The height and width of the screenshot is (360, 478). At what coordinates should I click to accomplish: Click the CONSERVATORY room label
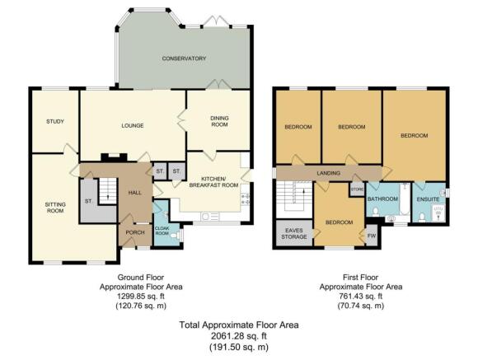pos(184,58)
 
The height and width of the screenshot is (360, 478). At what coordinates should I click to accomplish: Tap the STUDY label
pos(55,121)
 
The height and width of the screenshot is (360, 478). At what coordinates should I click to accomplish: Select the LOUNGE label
pos(133,125)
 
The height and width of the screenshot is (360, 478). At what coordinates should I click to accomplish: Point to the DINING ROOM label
pos(219,121)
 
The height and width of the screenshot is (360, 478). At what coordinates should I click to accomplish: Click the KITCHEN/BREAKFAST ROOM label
pos(213,182)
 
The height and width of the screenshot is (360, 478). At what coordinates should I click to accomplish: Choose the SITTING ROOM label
pos(55,208)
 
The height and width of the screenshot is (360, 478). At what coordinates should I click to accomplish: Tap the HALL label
pos(134,193)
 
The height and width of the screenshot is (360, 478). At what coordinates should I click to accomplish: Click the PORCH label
pos(135,232)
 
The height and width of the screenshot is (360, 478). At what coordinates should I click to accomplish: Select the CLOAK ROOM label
pos(162,231)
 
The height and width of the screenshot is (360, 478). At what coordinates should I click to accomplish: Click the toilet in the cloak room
pos(175,236)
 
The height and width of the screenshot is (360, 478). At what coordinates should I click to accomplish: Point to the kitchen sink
pos(209,217)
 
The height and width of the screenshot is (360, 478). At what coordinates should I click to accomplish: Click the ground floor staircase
pos(108,191)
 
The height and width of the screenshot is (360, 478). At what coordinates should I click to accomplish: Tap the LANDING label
pos(328,173)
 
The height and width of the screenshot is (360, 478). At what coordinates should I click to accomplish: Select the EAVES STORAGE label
pos(294,233)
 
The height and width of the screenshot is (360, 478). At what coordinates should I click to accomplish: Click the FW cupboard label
pos(372,236)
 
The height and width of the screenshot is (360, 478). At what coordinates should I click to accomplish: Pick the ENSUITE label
pos(428,199)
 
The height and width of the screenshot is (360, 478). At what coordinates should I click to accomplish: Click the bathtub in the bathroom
pos(405,199)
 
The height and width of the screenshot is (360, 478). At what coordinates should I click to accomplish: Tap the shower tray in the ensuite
pos(438,213)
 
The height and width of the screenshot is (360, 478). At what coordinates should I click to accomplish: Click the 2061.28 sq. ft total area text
pos(239,336)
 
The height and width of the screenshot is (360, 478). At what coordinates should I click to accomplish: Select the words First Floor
pos(360,278)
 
